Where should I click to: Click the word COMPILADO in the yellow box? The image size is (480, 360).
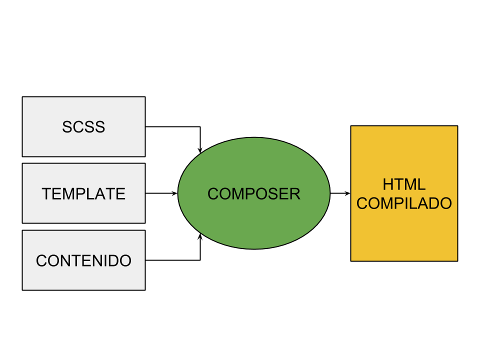pyautogui.click(x=404, y=203)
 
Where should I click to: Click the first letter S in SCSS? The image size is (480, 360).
pyautogui.click(x=67, y=127)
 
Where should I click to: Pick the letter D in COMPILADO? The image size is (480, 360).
pyautogui.click(x=432, y=203)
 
